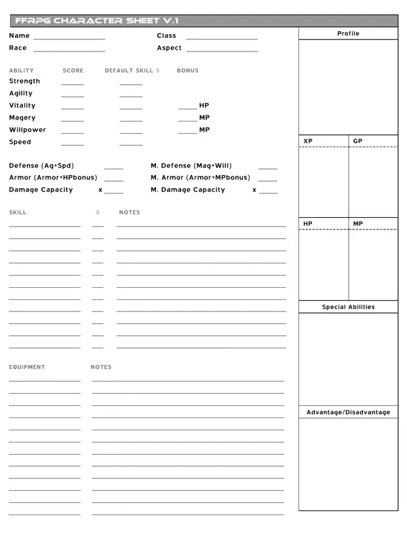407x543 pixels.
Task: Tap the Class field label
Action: tap(166, 36)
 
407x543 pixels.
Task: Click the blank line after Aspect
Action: tap(222, 50)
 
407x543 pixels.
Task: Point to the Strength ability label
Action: tap(24, 81)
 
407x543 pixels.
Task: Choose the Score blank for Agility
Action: tap(73, 96)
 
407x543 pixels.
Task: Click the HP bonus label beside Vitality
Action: tap(204, 106)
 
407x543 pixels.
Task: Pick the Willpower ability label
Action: tap(27, 130)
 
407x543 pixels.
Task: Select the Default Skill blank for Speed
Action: tap(131, 145)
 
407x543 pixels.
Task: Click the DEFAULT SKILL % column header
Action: tap(132, 71)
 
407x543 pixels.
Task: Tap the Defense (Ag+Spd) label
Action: tap(42, 166)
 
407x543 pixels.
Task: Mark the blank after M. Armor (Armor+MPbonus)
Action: tap(267, 181)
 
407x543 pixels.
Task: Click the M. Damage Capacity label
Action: tap(188, 190)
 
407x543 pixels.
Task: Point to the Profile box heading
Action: tap(348, 34)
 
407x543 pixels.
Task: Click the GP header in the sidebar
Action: tap(357, 141)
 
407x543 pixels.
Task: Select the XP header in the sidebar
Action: tap(308, 141)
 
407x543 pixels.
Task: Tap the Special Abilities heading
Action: tap(348, 307)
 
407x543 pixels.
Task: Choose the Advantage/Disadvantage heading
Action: tap(348, 413)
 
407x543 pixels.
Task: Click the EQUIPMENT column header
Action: tap(27, 367)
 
